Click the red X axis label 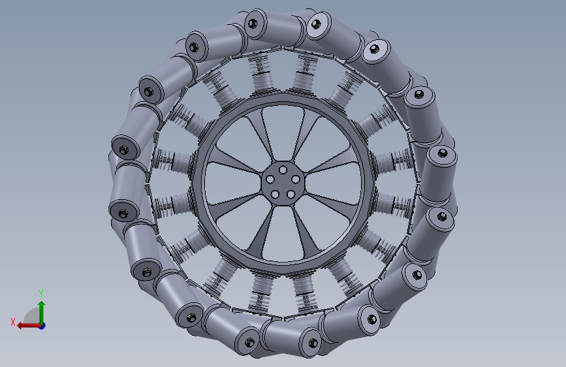click(x=12, y=322)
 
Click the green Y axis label click(x=40, y=293)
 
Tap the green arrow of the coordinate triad click(x=41, y=310)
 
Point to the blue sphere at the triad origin click(x=42, y=325)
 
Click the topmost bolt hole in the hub click(x=282, y=169)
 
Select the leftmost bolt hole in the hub click(x=269, y=178)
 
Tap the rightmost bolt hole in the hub click(x=295, y=179)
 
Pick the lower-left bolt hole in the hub click(x=274, y=193)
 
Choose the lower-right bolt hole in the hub click(x=291, y=194)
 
